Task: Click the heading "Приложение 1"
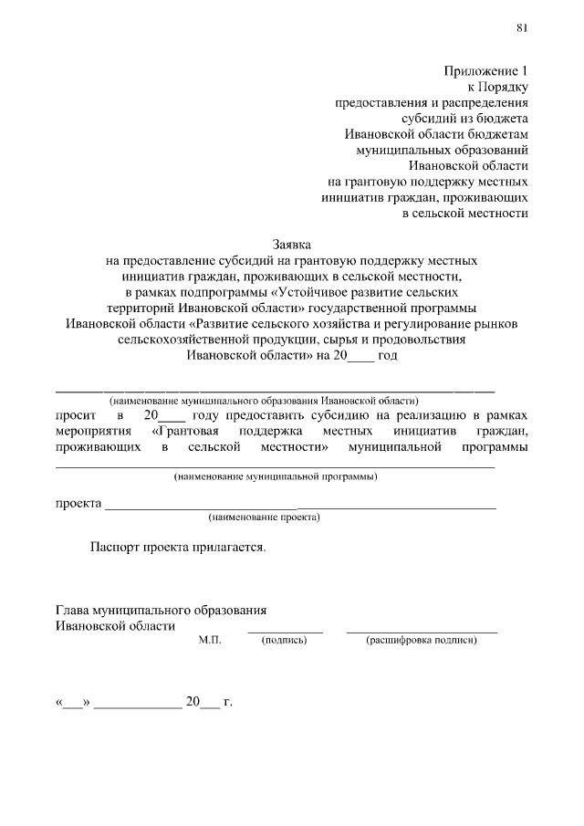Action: coord(486,70)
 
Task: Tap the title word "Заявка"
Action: coord(292,245)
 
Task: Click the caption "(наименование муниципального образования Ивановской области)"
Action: coord(263,401)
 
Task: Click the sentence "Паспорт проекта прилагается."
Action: coord(178,548)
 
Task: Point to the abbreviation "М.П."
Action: coord(211,641)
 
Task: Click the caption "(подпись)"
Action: coord(284,641)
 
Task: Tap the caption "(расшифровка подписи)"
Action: coord(422,641)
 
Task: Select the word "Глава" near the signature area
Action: coord(73,610)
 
